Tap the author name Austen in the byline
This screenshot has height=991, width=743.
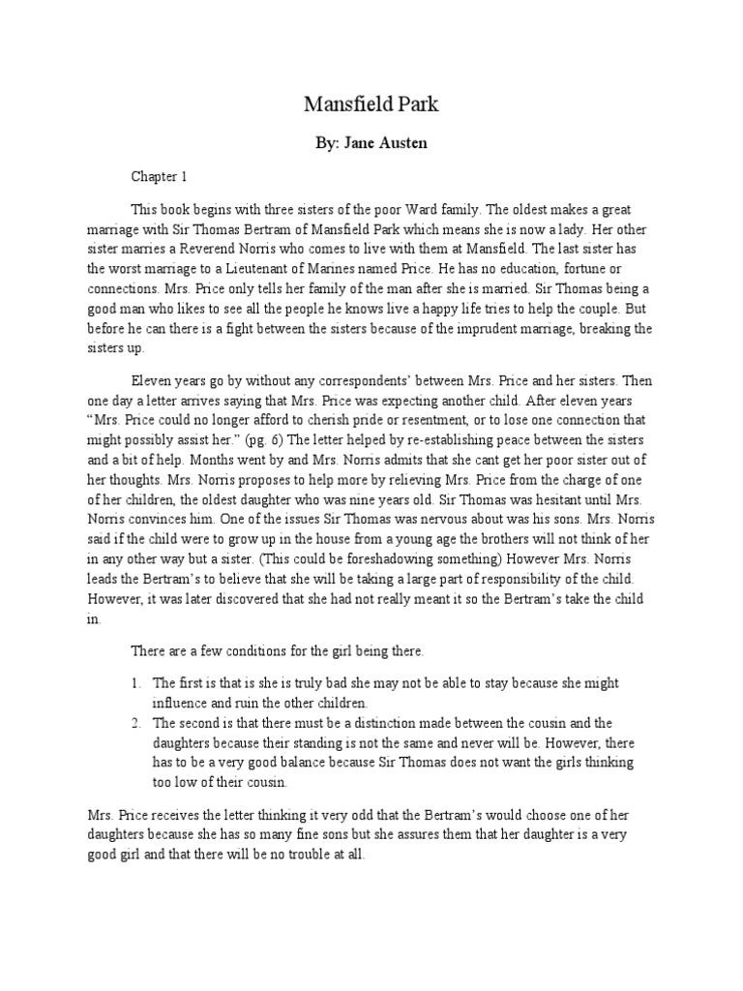click(x=398, y=143)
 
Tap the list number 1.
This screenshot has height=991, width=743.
click(x=137, y=683)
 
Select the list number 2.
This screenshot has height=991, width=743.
click(x=137, y=723)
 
